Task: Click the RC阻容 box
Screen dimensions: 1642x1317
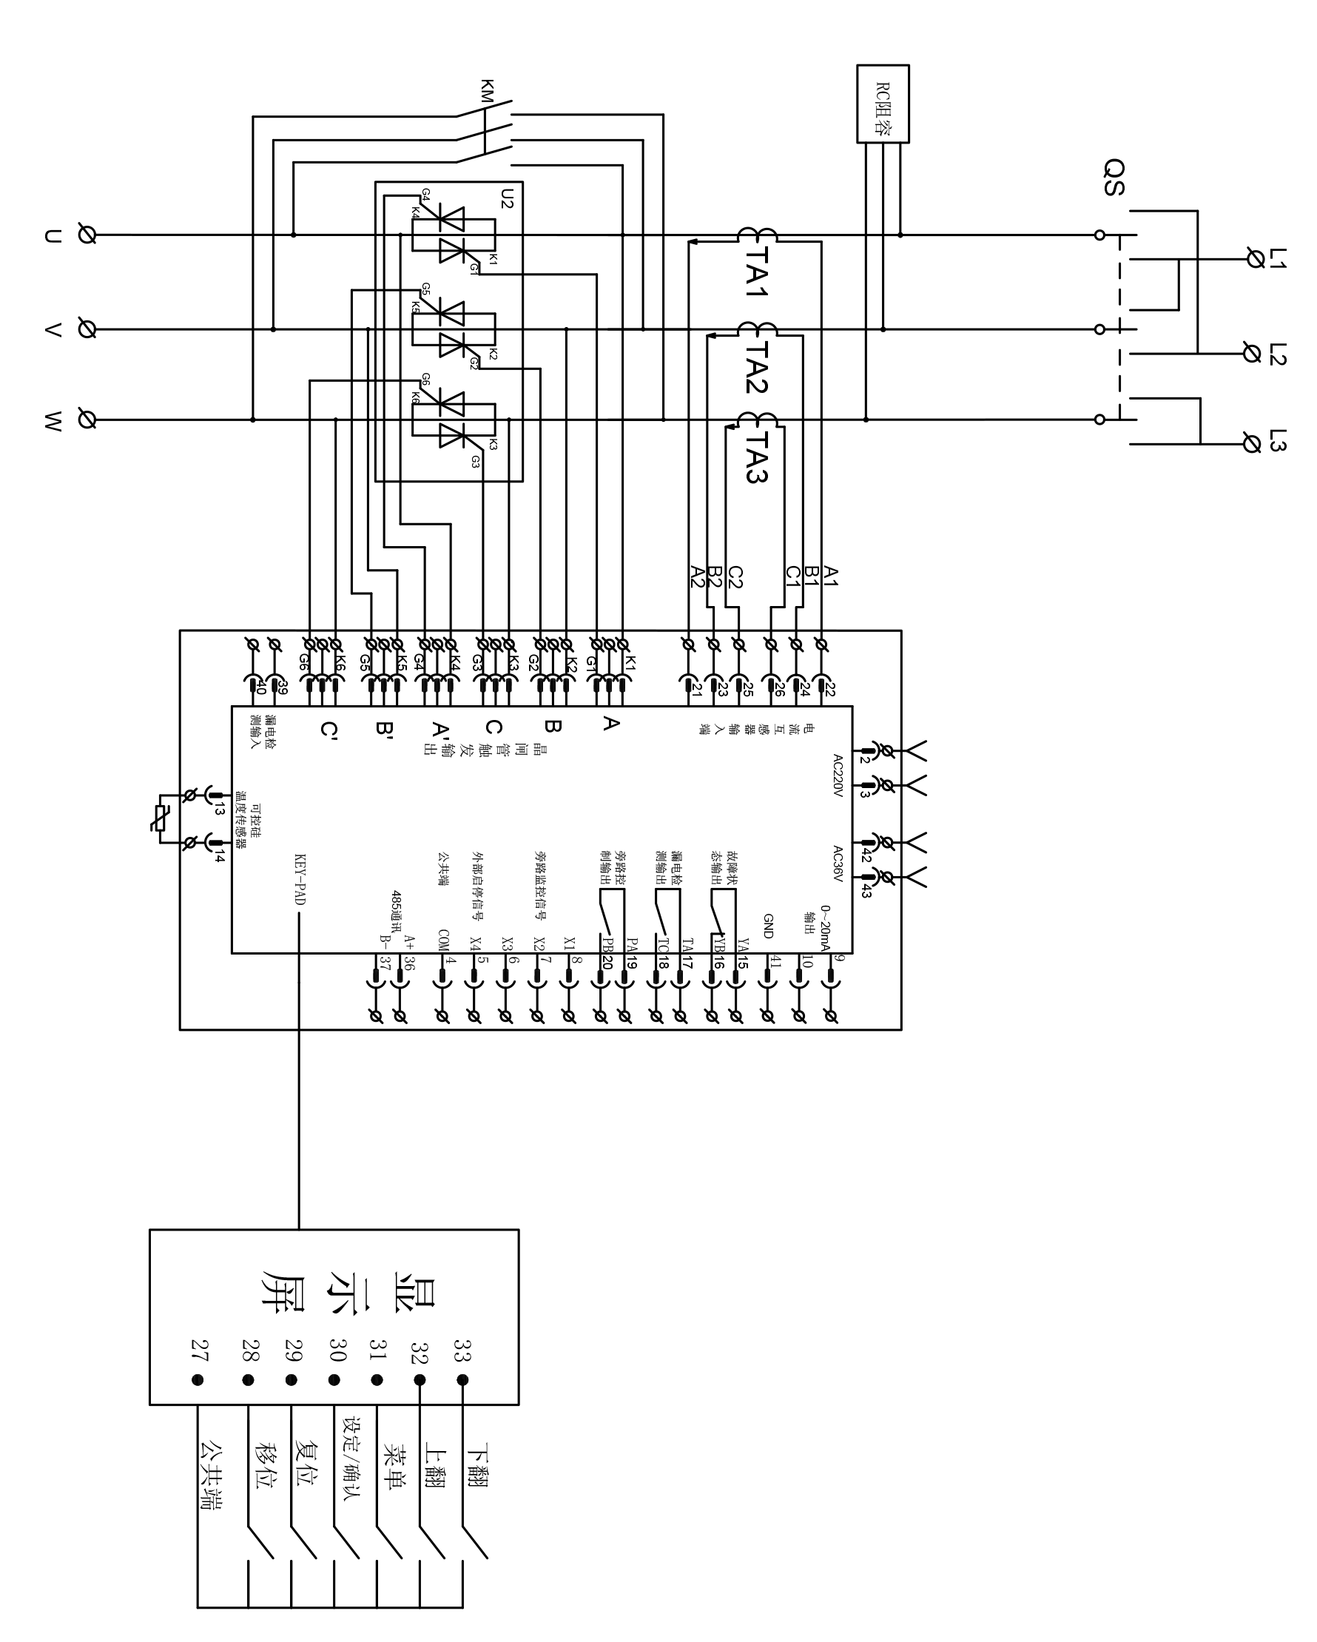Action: pos(882,104)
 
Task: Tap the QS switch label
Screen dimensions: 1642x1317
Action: pos(1114,178)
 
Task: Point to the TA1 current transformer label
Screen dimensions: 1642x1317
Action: pos(756,270)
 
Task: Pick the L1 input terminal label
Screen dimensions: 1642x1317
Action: pos(1277,258)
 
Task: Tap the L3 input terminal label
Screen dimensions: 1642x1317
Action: pos(1277,441)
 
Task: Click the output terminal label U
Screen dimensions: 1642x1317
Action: pos(52,236)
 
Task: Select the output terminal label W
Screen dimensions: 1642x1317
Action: pos(52,421)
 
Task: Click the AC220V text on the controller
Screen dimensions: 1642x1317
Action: pos(837,775)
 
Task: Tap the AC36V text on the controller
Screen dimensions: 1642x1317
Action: pos(837,864)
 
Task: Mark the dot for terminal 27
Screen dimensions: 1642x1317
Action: pos(198,1380)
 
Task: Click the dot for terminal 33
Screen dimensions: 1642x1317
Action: pos(462,1380)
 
